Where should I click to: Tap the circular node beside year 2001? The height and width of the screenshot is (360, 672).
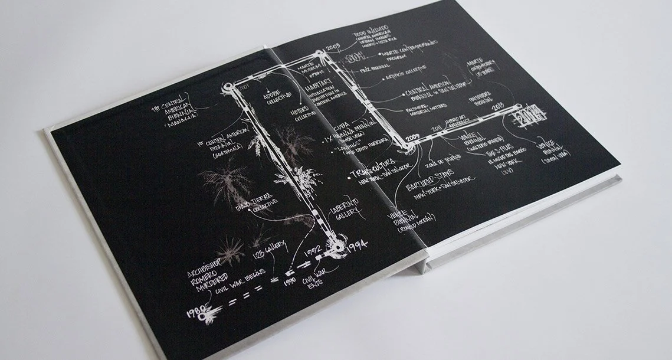click(228, 90)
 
